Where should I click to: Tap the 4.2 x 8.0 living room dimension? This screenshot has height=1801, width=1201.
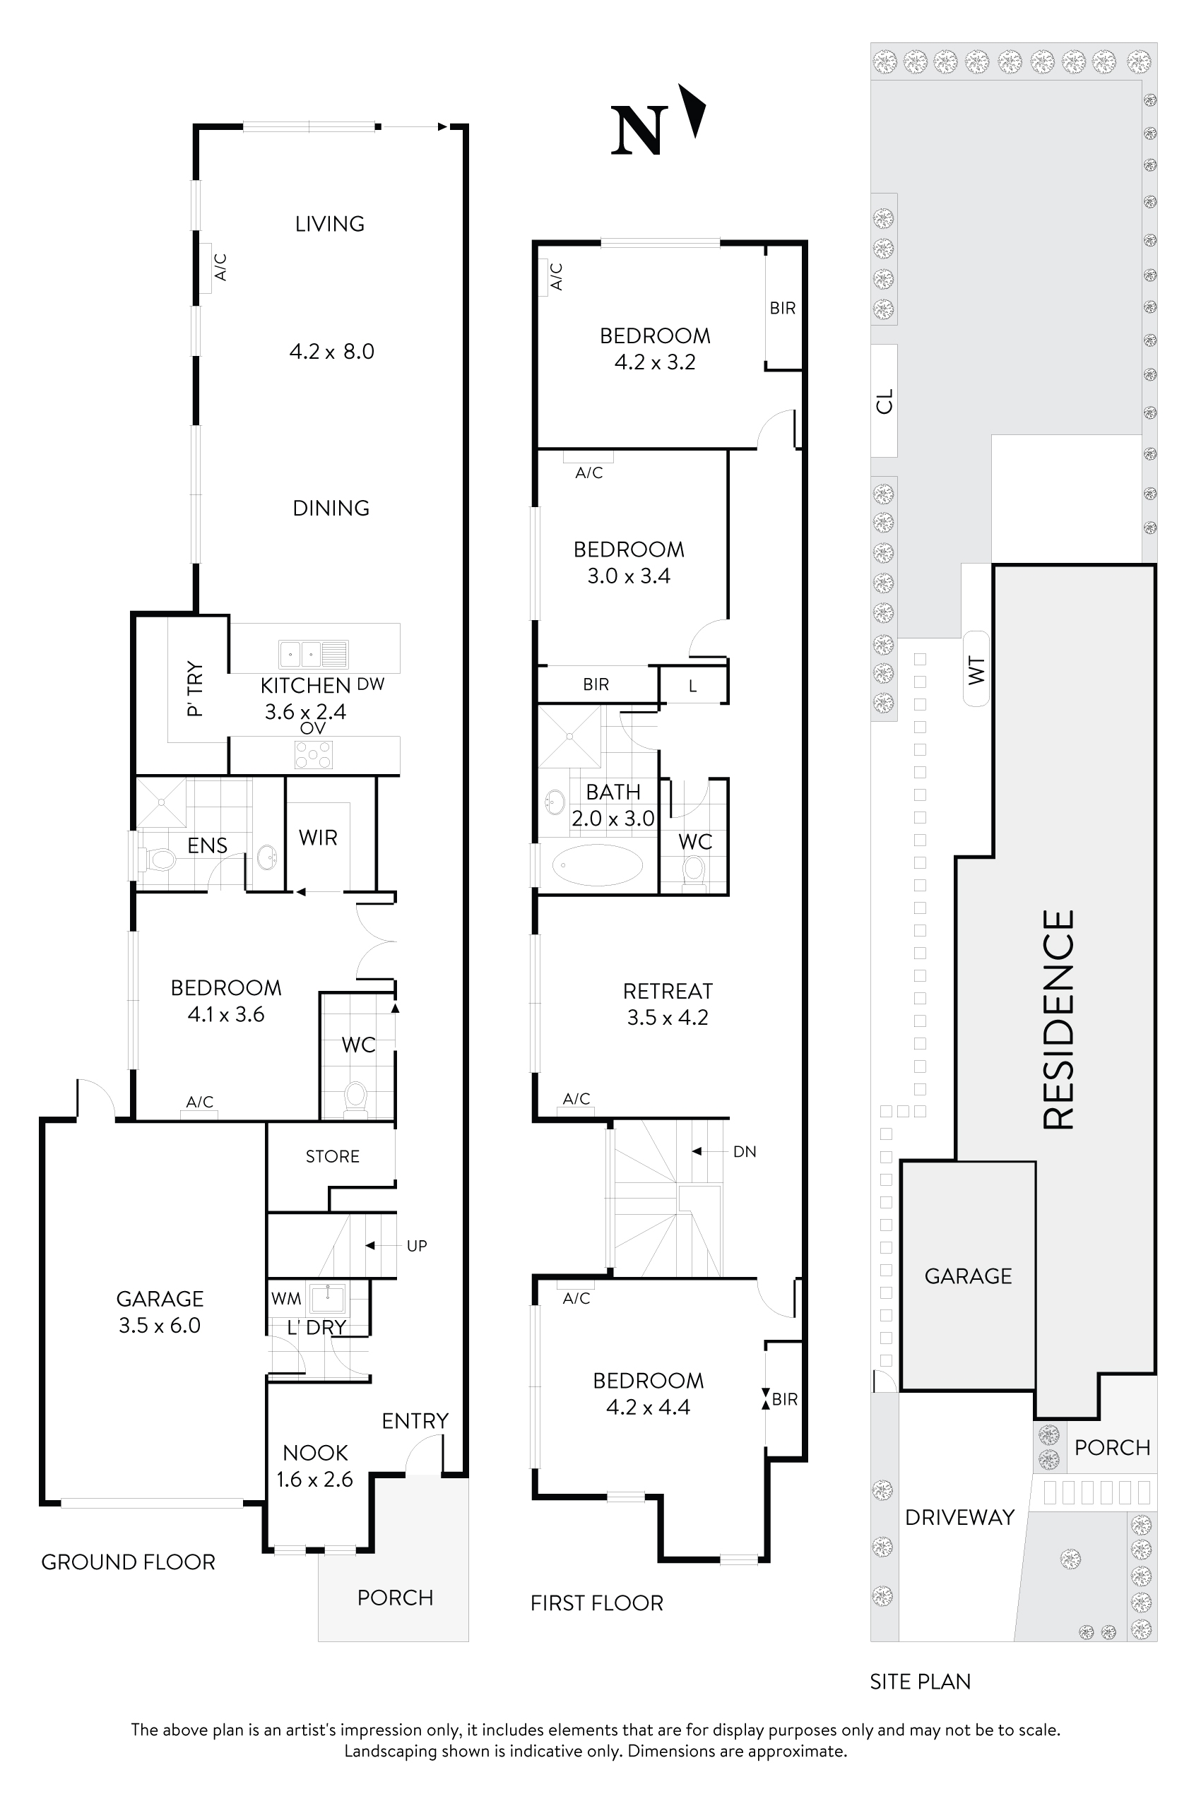tap(331, 352)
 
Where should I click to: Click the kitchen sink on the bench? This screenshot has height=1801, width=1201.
tap(312, 654)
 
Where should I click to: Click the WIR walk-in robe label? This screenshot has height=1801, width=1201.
tap(318, 838)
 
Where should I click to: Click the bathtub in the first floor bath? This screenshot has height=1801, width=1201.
tap(598, 865)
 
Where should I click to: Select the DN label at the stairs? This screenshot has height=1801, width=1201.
tap(745, 1152)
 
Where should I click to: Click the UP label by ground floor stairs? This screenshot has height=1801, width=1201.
tap(417, 1246)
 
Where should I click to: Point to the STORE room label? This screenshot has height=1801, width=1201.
tap(333, 1156)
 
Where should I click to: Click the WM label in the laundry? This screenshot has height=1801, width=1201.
tap(285, 1299)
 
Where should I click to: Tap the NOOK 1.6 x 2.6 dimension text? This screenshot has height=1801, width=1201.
tap(315, 1480)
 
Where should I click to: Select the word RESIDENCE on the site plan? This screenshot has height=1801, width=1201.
tap(1059, 1019)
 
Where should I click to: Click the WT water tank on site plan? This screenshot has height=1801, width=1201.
tap(976, 670)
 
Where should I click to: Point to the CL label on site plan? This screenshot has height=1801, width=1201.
tap(884, 401)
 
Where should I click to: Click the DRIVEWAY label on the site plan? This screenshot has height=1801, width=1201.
tap(959, 1517)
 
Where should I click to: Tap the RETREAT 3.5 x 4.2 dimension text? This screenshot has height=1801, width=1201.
tap(667, 1018)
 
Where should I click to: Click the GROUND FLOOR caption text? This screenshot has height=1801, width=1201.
tap(128, 1562)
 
